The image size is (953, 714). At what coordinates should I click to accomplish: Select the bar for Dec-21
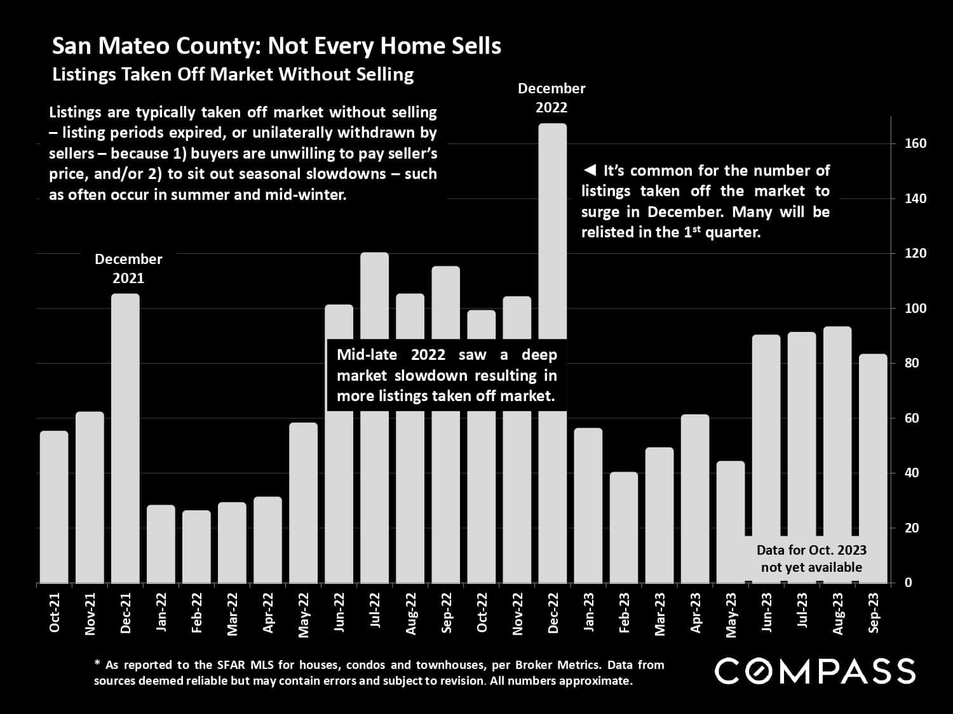point(125,438)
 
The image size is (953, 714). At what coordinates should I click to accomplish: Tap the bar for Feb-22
point(196,546)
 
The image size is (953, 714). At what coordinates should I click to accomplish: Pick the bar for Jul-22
point(374,298)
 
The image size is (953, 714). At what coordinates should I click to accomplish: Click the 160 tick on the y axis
point(916,144)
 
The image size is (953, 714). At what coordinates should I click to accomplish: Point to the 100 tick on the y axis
point(916,308)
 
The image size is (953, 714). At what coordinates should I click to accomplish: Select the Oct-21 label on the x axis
point(55,612)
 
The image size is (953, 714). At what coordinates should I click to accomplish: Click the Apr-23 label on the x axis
point(696,612)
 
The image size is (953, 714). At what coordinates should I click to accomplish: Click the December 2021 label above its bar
point(128,268)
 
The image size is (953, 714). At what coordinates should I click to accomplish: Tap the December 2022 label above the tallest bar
point(551,98)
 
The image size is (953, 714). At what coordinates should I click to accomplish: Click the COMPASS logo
point(815,671)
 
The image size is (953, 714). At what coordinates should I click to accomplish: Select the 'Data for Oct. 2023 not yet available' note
point(811,559)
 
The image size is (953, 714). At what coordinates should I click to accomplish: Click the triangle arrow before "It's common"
point(589,171)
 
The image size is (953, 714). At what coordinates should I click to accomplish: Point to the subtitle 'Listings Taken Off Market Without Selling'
point(233,74)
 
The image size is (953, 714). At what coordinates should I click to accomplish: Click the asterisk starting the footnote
point(98,664)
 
